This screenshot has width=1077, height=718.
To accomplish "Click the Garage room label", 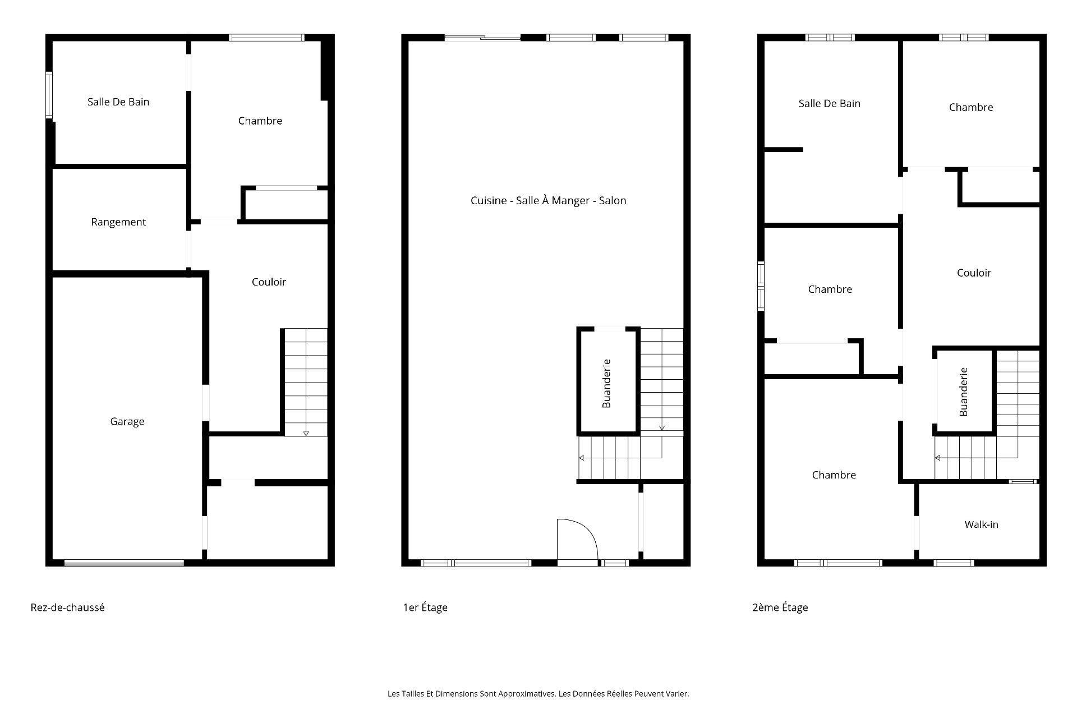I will tap(127, 421).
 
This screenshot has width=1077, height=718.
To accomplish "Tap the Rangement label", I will tap(118, 222).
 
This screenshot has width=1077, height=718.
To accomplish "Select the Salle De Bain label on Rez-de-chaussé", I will tap(118, 102).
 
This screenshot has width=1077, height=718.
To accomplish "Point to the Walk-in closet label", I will tap(981, 524).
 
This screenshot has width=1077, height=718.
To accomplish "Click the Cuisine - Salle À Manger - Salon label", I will tap(548, 200).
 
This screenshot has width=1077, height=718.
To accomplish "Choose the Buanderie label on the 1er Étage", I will tap(606, 383).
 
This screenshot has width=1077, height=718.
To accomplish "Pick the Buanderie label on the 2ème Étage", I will tap(964, 392).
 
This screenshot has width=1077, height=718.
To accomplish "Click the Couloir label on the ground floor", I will tap(269, 282).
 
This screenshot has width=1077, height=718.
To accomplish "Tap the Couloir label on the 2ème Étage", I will tap(974, 273).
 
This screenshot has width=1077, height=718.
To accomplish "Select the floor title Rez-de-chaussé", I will tap(67, 607).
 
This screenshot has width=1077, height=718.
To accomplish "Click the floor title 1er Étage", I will tap(425, 607).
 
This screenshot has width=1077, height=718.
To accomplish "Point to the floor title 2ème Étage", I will tap(780, 607).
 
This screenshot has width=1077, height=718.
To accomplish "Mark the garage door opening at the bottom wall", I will tap(124, 563).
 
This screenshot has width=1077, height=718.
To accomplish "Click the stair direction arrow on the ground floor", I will tap(306, 433).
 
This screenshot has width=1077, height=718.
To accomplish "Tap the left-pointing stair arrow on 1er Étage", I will tap(582, 458).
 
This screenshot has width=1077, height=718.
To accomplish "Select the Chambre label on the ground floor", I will tap(260, 121).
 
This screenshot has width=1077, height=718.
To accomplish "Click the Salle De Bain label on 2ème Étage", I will tap(829, 103).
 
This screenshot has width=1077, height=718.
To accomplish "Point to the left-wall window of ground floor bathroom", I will tap(49, 95).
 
